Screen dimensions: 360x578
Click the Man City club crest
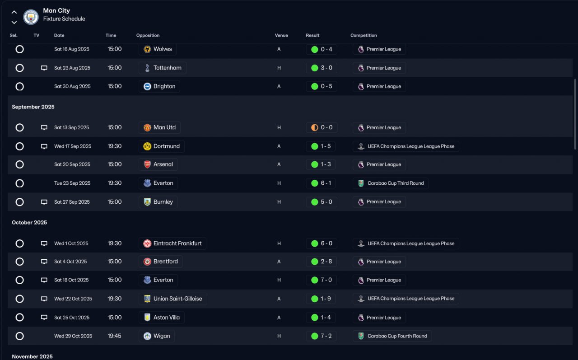(31, 17)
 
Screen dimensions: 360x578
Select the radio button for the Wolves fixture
(19, 49)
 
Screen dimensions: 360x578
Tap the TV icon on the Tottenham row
(44, 68)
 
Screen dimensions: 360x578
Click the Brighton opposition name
(164, 86)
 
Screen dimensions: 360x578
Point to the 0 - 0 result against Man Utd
(322, 127)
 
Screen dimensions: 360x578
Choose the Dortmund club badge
(147, 146)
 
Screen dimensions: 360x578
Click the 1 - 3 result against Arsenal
(322, 164)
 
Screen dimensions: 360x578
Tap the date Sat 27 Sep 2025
(72, 202)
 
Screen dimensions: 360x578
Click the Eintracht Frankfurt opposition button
(172, 243)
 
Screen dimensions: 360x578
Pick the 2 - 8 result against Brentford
(322, 262)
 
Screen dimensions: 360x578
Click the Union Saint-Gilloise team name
(178, 299)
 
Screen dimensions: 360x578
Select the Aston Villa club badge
(147, 318)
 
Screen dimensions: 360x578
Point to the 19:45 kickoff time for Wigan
(114, 336)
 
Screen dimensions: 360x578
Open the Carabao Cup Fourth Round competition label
(392, 336)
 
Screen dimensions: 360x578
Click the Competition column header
(364, 35)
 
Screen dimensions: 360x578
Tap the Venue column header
(281, 35)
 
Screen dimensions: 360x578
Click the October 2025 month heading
(29, 222)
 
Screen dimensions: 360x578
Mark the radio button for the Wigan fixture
(19, 336)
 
